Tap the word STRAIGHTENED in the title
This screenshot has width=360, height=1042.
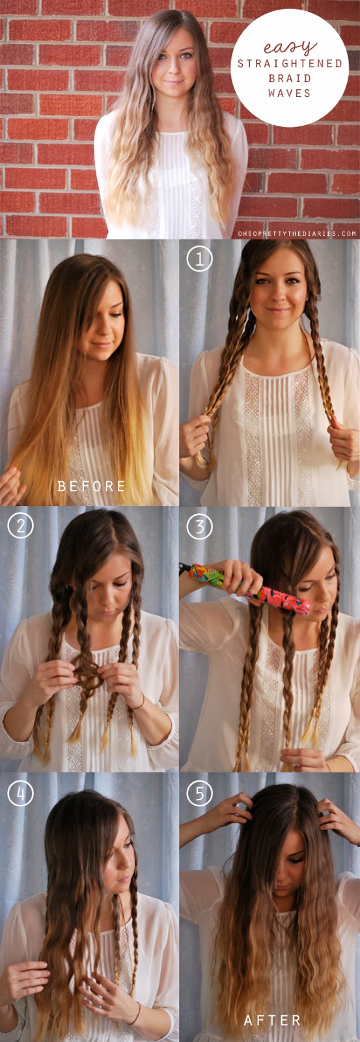290,63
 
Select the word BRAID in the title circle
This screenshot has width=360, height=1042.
289,78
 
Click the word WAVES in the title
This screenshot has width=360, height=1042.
289,93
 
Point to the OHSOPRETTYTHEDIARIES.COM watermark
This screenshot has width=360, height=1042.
297,234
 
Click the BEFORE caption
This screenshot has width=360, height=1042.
91,486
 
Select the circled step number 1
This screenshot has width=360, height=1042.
200,259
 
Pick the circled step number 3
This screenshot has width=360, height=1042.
200,527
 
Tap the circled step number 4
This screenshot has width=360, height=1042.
20,793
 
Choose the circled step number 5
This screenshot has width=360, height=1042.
200,793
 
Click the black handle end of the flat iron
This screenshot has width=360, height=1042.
185,569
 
